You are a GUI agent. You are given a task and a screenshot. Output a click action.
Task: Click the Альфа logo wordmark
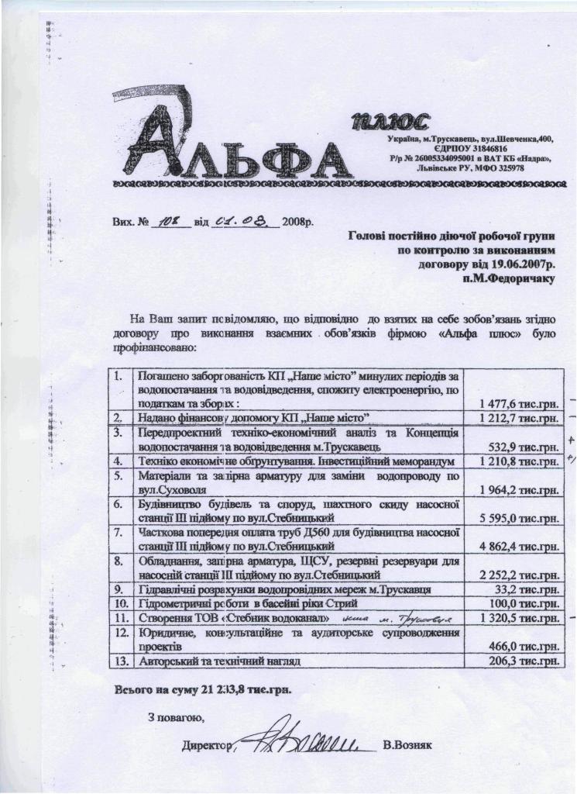[232, 148]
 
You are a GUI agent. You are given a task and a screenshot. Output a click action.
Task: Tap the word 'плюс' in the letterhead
[388, 122]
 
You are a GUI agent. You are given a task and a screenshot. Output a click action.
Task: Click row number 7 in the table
[118, 533]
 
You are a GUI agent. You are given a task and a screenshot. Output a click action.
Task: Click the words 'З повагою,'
[176, 716]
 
